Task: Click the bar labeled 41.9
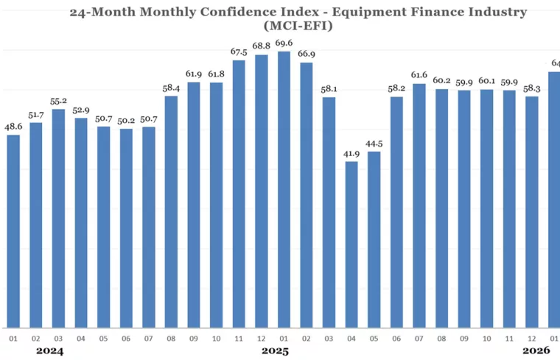[x=351, y=244]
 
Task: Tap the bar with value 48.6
[x=13, y=231]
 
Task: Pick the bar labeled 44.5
[x=374, y=239]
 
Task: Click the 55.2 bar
[x=58, y=218]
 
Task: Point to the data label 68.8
[x=262, y=46]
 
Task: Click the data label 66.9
[x=307, y=54]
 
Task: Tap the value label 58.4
[x=171, y=88]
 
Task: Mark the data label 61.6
[x=419, y=75]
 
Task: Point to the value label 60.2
[x=441, y=81]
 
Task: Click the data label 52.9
[x=81, y=110]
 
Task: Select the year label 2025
[x=275, y=351]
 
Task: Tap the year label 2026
[x=536, y=351]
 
